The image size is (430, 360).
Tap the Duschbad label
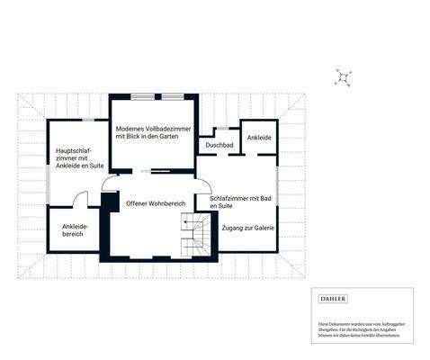[219, 145]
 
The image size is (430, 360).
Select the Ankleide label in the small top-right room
[259, 138]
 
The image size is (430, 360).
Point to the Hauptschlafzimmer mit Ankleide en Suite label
[76, 159]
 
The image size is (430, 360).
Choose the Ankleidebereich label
[73, 229]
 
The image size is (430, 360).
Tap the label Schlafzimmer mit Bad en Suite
[240, 202]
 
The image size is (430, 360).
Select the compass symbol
[343, 79]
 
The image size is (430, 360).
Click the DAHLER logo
[333, 299]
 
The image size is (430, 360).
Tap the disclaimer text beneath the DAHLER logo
[361, 328]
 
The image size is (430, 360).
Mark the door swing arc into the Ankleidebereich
[81, 200]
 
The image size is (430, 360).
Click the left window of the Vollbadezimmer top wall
[142, 95]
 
